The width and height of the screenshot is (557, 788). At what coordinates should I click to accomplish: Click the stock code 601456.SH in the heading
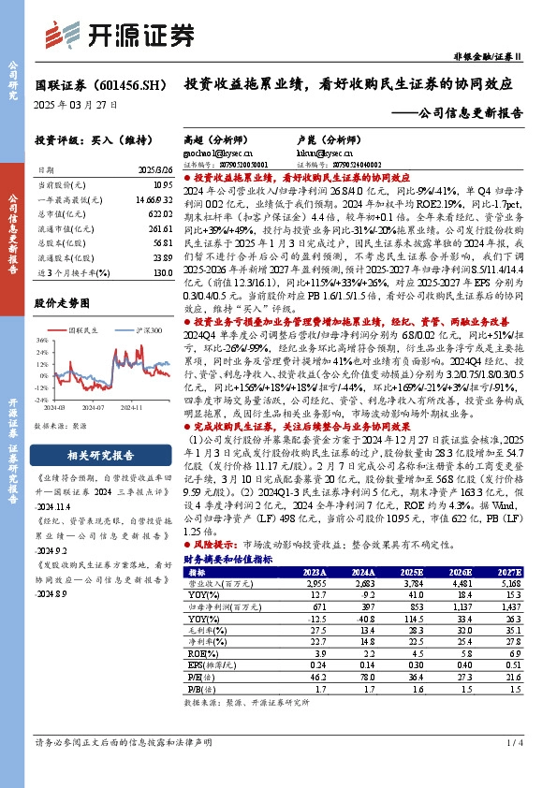coord(124,85)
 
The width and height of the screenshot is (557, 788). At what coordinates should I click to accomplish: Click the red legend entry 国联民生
coord(85,330)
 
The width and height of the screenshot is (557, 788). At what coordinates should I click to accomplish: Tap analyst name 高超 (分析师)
coord(214,137)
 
